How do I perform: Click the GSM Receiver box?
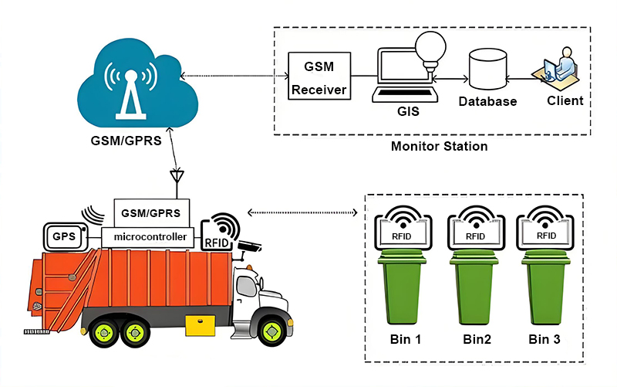click(x=319, y=76)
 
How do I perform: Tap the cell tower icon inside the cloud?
click(x=130, y=93)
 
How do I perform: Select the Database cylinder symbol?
click(x=487, y=69)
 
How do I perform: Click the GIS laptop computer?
click(x=406, y=75)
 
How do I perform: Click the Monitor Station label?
click(x=439, y=146)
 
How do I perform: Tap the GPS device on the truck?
click(x=66, y=236)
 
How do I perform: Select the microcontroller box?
click(x=148, y=237)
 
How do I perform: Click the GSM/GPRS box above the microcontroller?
click(x=151, y=212)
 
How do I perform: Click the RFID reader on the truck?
click(x=220, y=232)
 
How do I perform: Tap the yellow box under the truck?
click(x=201, y=325)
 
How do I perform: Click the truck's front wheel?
click(x=271, y=331)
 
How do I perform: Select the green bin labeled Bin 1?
click(x=403, y=287)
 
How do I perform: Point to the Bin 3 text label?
click(x=545, y=339)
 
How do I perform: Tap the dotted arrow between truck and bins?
click(x=302, y=212)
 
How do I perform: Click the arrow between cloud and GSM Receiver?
click(x=235, y=76)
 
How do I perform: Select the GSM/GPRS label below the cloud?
click(x=126, y=141)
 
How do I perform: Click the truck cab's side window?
click(x=246, y=286)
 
